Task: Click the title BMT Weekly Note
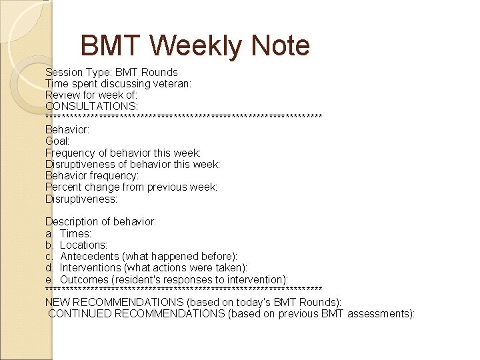(x=195, y=46)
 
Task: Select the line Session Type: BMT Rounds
(x=111, y=72)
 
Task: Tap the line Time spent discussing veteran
(x=118, y=83)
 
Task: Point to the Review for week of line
(x=91, y=95)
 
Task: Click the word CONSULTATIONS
(x=91, y=106)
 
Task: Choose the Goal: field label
(x=57, y=141)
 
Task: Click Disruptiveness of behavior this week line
(x=133, y=164)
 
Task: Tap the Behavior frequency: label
(x=92, y=175)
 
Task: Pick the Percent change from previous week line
(x=131, y=187)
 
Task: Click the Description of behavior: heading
(x=101, y=222)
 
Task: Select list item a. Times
(x=68, y=233)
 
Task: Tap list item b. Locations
(x=76, y=245)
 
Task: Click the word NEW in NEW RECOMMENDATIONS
(x=57, y=302)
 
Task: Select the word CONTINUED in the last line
(x=79, y=313)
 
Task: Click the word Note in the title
(x=281, y=46)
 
